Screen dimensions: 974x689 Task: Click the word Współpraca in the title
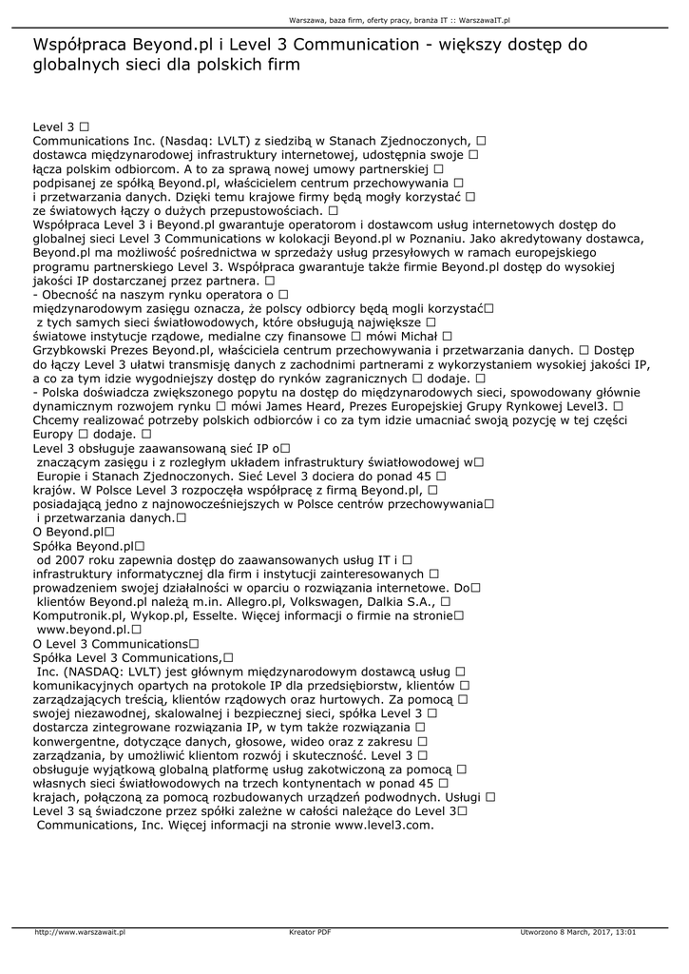pos(79,45)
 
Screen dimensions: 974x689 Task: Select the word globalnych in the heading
pos(75,66)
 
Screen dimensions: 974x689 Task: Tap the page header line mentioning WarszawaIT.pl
pos(399,19)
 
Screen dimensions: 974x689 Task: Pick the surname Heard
pos(340,405)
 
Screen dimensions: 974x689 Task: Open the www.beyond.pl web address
pos(82,630)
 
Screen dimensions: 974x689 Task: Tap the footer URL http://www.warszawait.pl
pos(80,931)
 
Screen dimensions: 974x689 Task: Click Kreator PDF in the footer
pos(310,931)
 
